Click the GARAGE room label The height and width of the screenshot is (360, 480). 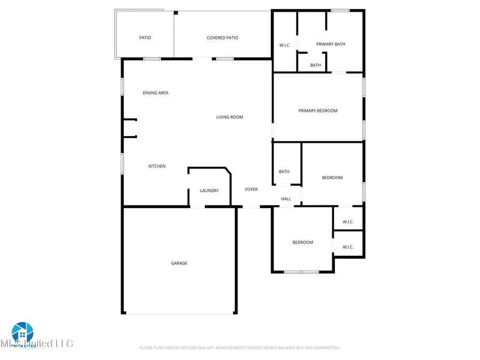[x=179, y=263]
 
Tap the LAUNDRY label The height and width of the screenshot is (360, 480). [x=209, y=191]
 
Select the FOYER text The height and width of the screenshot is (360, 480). [x=251, y=189]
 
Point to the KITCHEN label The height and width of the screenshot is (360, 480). [x=157, y=166]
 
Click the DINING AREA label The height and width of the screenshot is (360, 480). [x=156, y=93]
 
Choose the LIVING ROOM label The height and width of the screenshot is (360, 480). [x=229, y=117]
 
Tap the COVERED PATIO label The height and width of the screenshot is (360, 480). [x=222, y=38]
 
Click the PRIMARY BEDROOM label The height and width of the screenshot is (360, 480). [x=318, y=111]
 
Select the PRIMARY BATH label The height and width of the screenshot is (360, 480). [x=331, y=44]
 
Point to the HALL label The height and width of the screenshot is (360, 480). [x=286, y=199]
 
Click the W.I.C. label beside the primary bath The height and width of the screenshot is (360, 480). [x=285, y=45]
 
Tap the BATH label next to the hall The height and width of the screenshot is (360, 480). [x=284, y=172]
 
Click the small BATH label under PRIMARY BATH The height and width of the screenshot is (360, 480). [x=316, y=66]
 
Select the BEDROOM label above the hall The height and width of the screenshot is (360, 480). [x=332, y=178]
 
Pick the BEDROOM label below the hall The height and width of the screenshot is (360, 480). [x=302, y=243]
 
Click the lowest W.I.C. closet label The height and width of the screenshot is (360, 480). [x=348, y=247]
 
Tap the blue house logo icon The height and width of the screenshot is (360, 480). [x=22, y=333]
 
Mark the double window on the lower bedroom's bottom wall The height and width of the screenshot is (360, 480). [x=301, y=273]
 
